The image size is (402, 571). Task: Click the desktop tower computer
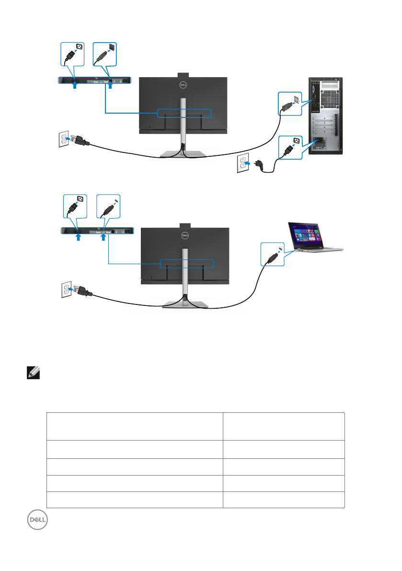coord(326,116)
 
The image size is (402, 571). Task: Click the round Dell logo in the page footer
coord(37,520)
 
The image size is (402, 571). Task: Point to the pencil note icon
coord(33,373)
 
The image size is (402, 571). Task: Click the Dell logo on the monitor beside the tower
coord(183,85)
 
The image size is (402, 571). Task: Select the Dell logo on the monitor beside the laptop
coord(185,235)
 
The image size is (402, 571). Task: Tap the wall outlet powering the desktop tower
coord(242,163)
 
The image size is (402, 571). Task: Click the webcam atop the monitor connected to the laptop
coord(185,225)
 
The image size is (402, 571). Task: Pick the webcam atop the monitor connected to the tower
coord(183,75)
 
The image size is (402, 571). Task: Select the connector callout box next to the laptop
coord(273,254)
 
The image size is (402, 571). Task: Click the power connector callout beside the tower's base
coord(290,148)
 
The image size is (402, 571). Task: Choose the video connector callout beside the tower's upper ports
coord(290,104)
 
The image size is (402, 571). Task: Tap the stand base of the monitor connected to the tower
coord(183,154)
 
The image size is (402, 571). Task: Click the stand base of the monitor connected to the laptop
coord(185,305)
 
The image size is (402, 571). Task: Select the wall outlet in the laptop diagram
coord(66,290)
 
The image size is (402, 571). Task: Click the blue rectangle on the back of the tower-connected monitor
coord(184,113)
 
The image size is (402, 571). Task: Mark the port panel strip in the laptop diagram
coord(97,231)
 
